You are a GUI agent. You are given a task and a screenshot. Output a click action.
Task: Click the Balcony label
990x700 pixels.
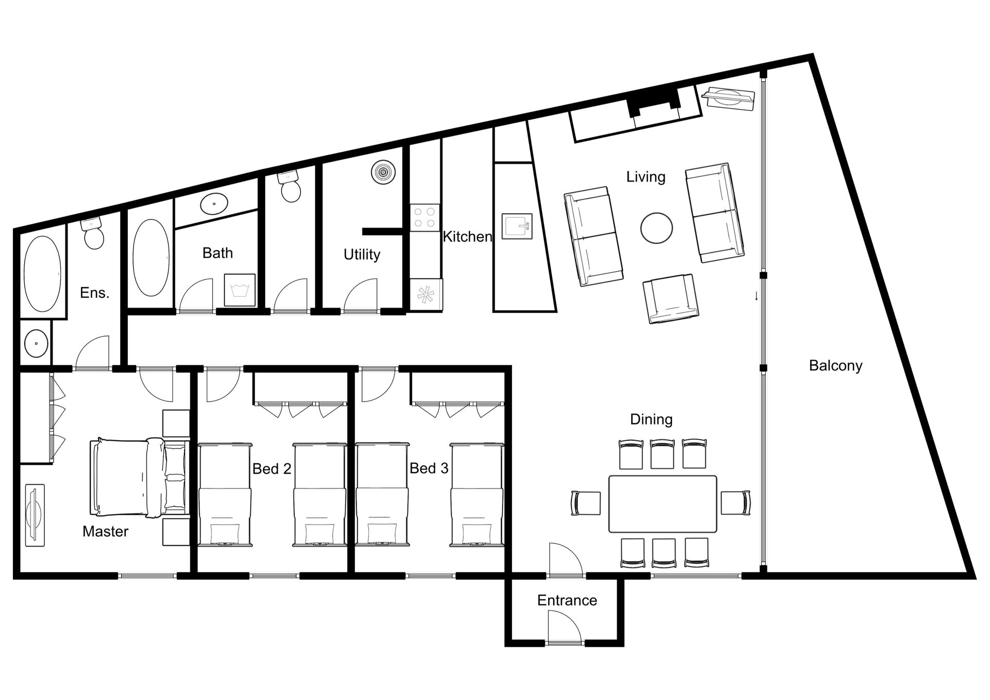(835, 365)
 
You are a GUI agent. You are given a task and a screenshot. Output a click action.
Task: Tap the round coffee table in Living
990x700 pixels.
(656, 228)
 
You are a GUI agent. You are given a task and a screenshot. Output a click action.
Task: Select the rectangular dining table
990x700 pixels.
(663, 504)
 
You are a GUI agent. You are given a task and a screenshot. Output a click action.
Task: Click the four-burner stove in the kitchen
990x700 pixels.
(425, 218)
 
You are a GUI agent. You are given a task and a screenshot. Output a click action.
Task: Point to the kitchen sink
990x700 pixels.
(517, 226)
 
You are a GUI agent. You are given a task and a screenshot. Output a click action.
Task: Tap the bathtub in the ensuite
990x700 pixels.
(43, 274)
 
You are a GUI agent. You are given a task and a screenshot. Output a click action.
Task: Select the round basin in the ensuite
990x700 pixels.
(36, 343)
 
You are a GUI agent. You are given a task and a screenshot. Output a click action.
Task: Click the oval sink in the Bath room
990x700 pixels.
(214, 204)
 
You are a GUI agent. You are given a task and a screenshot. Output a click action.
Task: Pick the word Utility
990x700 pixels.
(362, 255)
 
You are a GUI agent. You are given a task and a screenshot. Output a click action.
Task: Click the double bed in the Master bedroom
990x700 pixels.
(139, 478)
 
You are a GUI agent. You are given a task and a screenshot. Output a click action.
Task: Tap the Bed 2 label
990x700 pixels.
(272, 469)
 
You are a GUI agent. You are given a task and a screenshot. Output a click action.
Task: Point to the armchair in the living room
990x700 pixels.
(671, 299)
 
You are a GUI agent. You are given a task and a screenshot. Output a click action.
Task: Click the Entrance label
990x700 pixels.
(567, 601)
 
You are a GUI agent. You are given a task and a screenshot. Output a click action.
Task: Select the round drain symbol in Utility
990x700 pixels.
(383, 172)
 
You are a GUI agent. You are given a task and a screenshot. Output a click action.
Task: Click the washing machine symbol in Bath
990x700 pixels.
(240, 290)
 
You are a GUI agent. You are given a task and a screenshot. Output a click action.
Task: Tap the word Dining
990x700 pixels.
(651, 420)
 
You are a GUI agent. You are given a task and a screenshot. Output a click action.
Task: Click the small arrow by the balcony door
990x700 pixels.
(756, 296)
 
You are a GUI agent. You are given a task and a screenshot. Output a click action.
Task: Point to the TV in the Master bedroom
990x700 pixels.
(35, 515)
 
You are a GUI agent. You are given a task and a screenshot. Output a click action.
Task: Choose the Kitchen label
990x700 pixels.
(467, 237)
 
